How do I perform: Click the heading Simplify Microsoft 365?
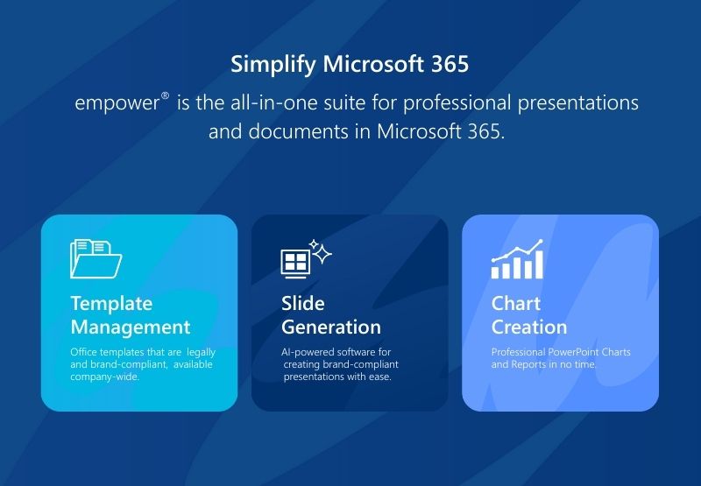click(350, 65)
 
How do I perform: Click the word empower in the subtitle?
click(117, 103)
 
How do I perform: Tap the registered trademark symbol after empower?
click(165, 97)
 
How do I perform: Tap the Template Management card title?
click(130, 315)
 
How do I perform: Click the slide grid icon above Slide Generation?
click(294, 261)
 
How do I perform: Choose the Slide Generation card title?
click(330, 315)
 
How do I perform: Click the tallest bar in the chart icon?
click(539, 264)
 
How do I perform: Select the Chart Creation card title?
click(528, 315)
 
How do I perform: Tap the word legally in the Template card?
click(201, 352)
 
